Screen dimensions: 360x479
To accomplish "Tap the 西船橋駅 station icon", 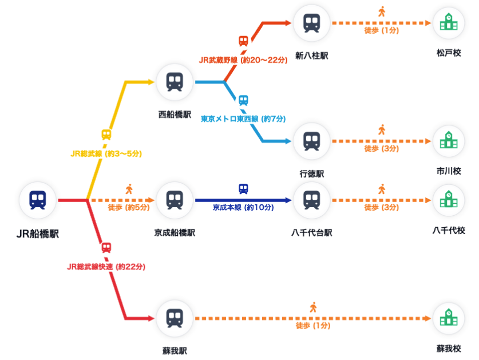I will pyautogui.click(x=175, y=81).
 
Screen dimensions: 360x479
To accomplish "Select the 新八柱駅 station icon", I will pyautogui.click(x=311, y=23).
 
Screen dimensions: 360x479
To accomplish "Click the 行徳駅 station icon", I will pyautogui.click(x=311, y=141).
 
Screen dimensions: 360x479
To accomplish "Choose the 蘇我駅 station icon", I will pyautogui.click(x=175, y=318).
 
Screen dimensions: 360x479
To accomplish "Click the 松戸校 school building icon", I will pyautogui.click(x=448, y=23).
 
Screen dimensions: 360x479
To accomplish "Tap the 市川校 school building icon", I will pyautogui.click(x=448, y=141).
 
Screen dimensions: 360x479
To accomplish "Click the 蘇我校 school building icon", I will pyautogui.click(x=448, y=318).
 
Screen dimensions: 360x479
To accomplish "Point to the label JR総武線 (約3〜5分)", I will pyautogui.click(x=106, y=153).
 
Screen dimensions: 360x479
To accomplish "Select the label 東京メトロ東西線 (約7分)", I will pyautogui.click(x=243, y=119).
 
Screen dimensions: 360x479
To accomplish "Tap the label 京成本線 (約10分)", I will pyautogui.click(x=243, y=207).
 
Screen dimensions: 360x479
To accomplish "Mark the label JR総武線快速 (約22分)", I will pyautogui.click(x=106, y=266).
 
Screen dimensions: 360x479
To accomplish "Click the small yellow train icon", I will pyautogui.click(x=106, y=135).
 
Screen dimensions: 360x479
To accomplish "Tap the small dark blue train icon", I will pyautogui.click(x=243, y=189).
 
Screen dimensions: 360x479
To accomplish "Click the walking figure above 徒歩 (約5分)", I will pyautogui.click(x=129, y=189).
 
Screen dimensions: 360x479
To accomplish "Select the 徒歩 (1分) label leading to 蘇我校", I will pyautogui.click(x=313, y=326).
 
